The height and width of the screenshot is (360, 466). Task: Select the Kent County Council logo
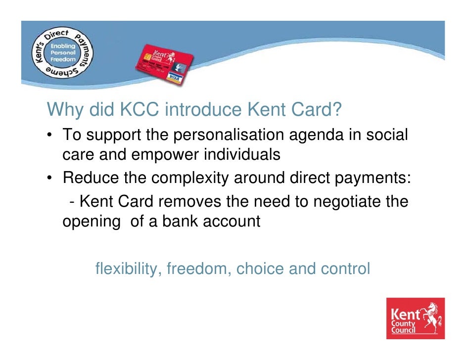[x=416, y=318]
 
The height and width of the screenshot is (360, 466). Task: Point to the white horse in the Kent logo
[x=431, y=316]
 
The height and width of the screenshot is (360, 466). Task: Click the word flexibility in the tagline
[x=128, y=269]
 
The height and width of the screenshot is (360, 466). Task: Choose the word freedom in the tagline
[x=199, y=269]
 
